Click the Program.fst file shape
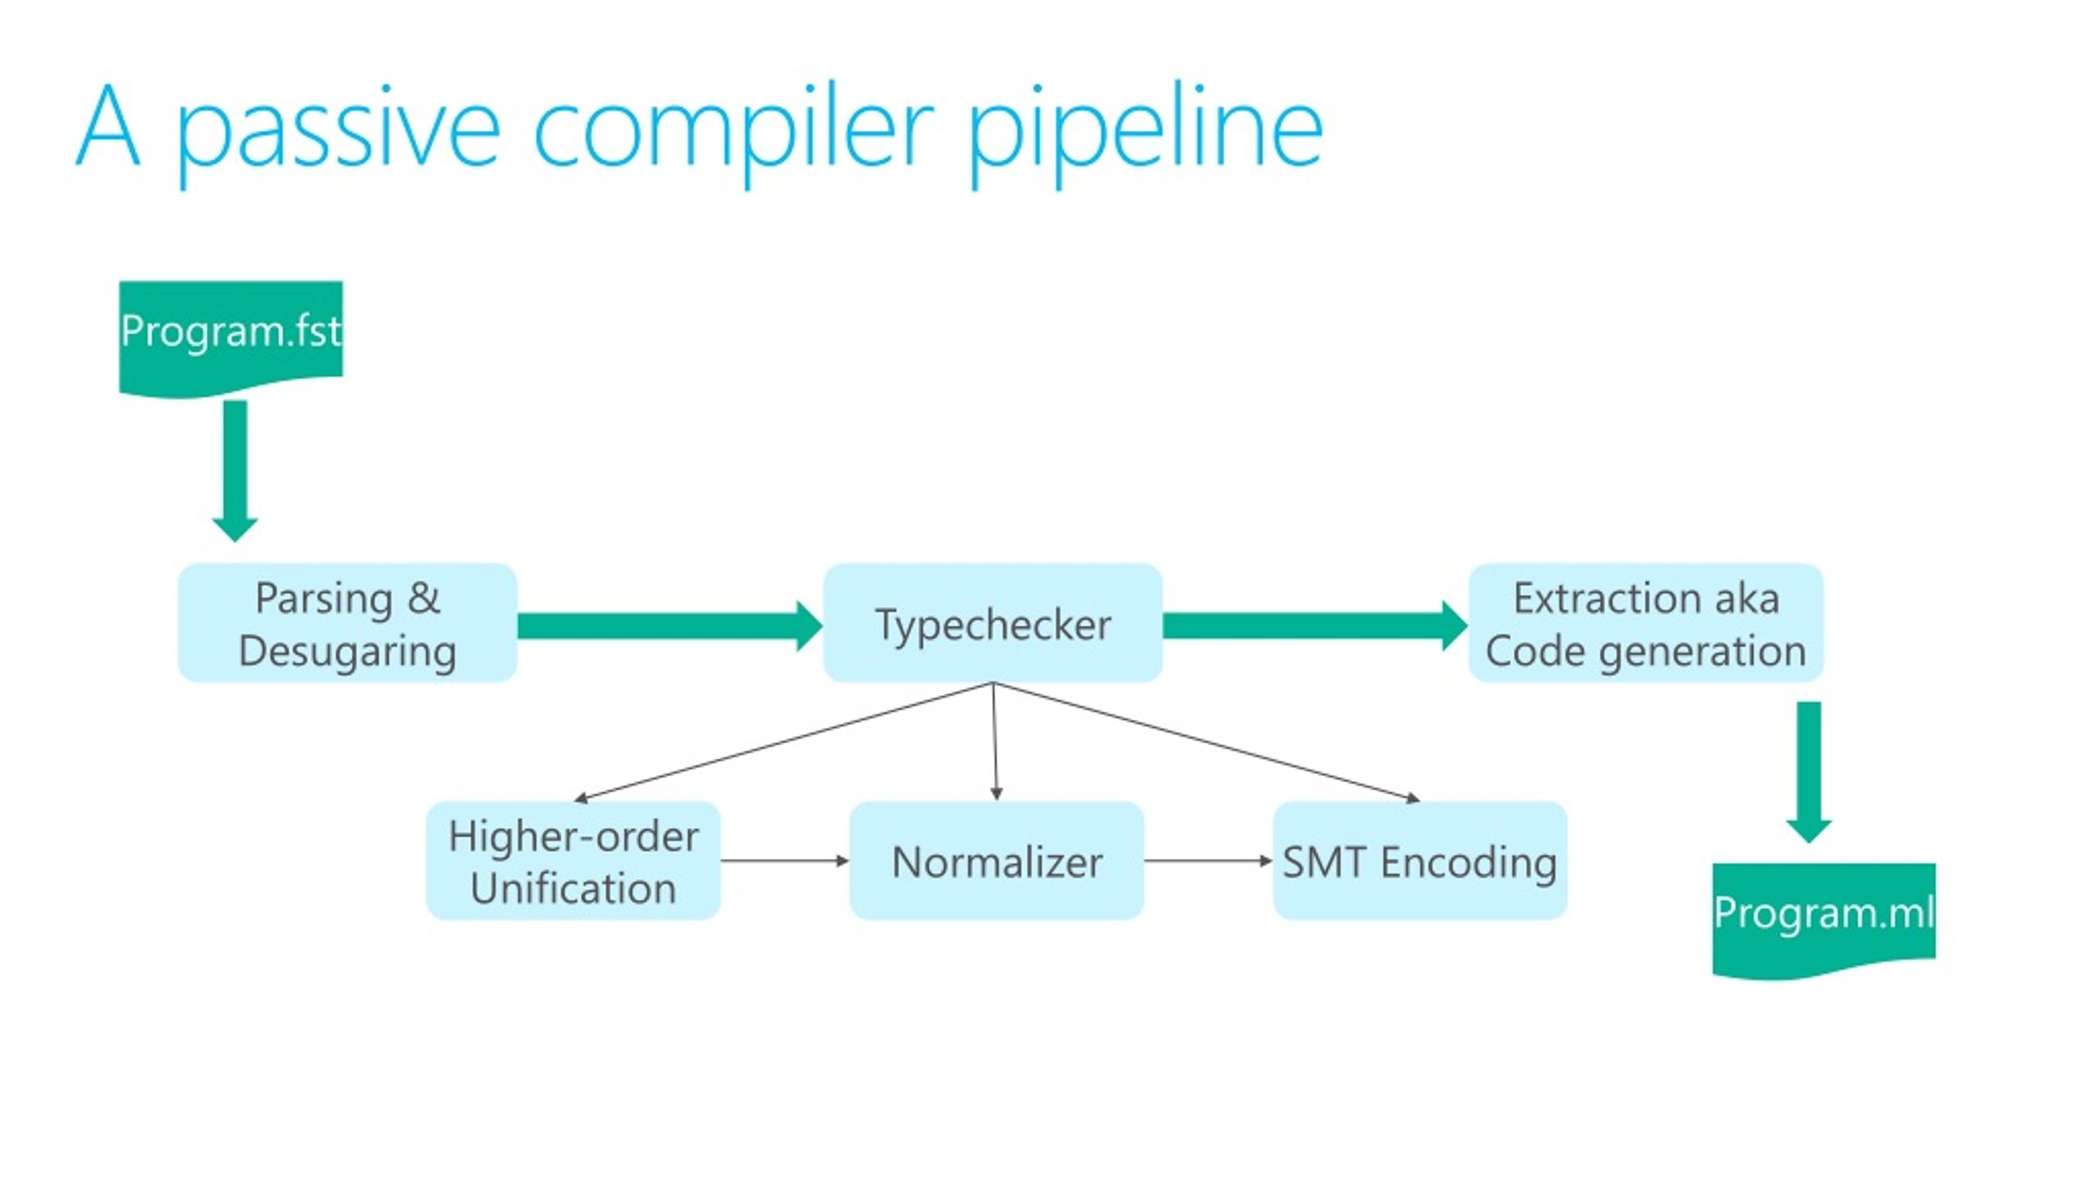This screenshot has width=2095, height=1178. tap(231, 337)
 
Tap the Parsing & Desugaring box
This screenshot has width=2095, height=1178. tap(348, 623)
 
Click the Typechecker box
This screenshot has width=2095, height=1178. tap(993, 623)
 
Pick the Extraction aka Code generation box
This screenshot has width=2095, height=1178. tap(1646, 623)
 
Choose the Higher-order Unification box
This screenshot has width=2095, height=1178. tap(573, 861)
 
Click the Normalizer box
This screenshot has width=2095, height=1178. tap(997, 861)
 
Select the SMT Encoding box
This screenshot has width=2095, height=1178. tap(1420, 861)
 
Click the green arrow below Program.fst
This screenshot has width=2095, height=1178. tap(235, 470)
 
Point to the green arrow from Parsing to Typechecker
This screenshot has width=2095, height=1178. tap(670, 626)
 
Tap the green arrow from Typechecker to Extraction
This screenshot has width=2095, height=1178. tap(1315, 626)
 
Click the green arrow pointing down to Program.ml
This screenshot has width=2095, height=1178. tap(1809, 771)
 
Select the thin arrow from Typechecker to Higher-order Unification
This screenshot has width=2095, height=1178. tap(783, 741)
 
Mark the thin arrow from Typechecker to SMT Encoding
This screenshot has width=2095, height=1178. tap(1206, 741)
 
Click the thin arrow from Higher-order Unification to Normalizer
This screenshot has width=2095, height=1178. tap(785, 861)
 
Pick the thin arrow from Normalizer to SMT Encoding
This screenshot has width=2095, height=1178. tap(1209, 861)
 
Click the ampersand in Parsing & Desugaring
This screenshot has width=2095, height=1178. tap(423, 597)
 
